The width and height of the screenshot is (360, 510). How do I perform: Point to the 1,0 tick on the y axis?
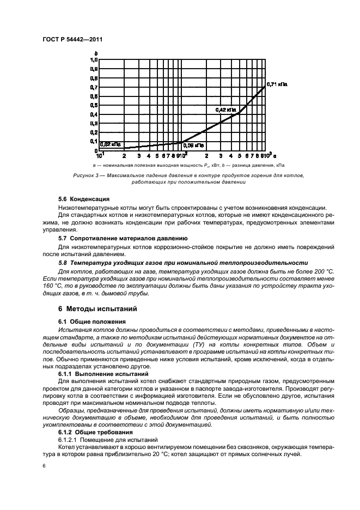93,60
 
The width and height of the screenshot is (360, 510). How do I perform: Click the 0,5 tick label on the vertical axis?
93,105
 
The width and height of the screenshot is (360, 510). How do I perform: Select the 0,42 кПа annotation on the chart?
226,110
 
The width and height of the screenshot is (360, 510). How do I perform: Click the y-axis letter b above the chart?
96,53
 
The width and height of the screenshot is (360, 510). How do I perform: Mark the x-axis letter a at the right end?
276,154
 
